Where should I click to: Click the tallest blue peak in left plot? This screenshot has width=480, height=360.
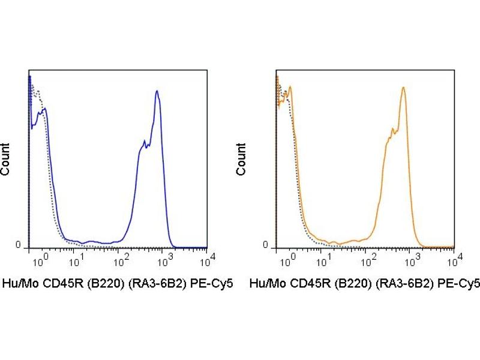157,91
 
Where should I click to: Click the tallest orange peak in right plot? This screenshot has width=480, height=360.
404,88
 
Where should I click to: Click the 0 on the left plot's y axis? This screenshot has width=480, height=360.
17,245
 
